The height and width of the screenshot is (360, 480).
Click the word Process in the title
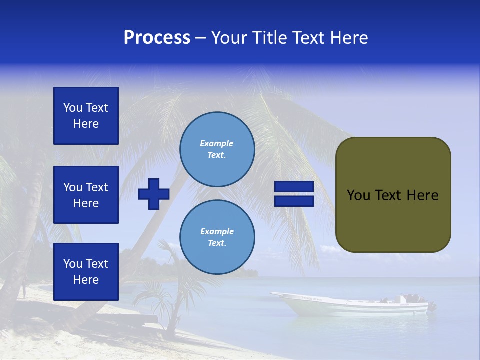[x=157, y=38]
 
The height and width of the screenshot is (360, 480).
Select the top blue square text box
[x=86, y=116]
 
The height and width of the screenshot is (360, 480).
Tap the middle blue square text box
[x=86, y=195]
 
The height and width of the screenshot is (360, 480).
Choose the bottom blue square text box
[x=86, y=272]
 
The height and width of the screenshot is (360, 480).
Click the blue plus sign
[x=154, y=194]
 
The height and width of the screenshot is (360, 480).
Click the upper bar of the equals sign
[x=294, y=187]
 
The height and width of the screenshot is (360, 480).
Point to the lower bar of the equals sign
[x=294, y=201]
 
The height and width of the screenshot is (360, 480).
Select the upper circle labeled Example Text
[x=217, y=149]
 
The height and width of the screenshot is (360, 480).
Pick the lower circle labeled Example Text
[x=217, y=237]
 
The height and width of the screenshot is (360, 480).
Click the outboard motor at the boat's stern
[x=431, y=306]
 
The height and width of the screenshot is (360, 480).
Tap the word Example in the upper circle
[x=216, y=143]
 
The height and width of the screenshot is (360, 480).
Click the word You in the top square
[x=73, y=108]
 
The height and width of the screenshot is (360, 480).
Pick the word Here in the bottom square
[x=86, y=280]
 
